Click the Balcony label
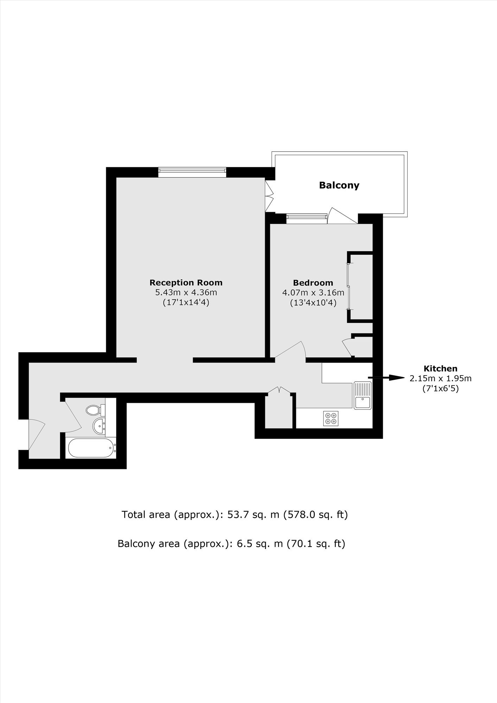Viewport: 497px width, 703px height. click(x=339, y=185)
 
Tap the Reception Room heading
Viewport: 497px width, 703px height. click(x=186, y=282)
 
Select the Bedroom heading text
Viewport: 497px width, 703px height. click(x=313, y=283)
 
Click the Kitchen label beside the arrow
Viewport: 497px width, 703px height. click(x=440, y=369)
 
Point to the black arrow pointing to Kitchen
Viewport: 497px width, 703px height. click(x=387, y=378)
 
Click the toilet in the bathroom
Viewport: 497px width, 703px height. click(x=95, y=409)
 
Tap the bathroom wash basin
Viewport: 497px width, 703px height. click(x=99, y=426)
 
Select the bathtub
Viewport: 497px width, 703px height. click(x=91, y=448)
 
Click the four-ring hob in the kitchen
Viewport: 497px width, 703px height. click(x=331, y=418)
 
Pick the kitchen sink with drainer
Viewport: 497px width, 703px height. click(x=362, y=395)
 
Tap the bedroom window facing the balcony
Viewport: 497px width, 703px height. click(x=307, y=219)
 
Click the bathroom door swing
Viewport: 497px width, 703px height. click(x=73, y=417)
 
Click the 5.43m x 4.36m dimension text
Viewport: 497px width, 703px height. click(x=186, y=292)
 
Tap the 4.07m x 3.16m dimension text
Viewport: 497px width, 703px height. click(x=313, y=292)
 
